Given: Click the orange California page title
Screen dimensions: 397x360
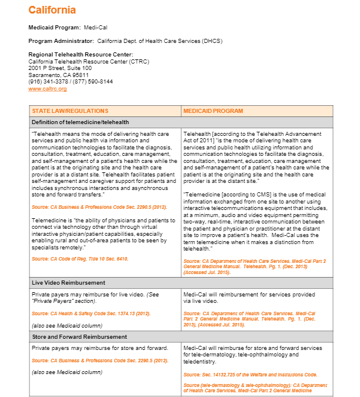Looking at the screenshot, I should point(52,10).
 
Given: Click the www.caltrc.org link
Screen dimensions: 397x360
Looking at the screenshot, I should point(47,89).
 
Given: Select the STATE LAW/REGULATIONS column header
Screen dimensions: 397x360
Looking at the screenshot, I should point(70,111).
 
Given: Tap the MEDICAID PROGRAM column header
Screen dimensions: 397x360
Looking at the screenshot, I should point(213,111).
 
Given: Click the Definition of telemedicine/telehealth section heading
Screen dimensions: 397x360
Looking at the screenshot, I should point(80,122).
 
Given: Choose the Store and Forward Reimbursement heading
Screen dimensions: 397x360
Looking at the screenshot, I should point(79,337).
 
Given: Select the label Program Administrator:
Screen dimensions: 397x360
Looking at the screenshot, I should point(61,41).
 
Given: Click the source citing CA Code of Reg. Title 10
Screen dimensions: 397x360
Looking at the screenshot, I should point(80,259).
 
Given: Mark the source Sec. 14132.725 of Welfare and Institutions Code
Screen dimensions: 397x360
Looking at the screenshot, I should point(250,374).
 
